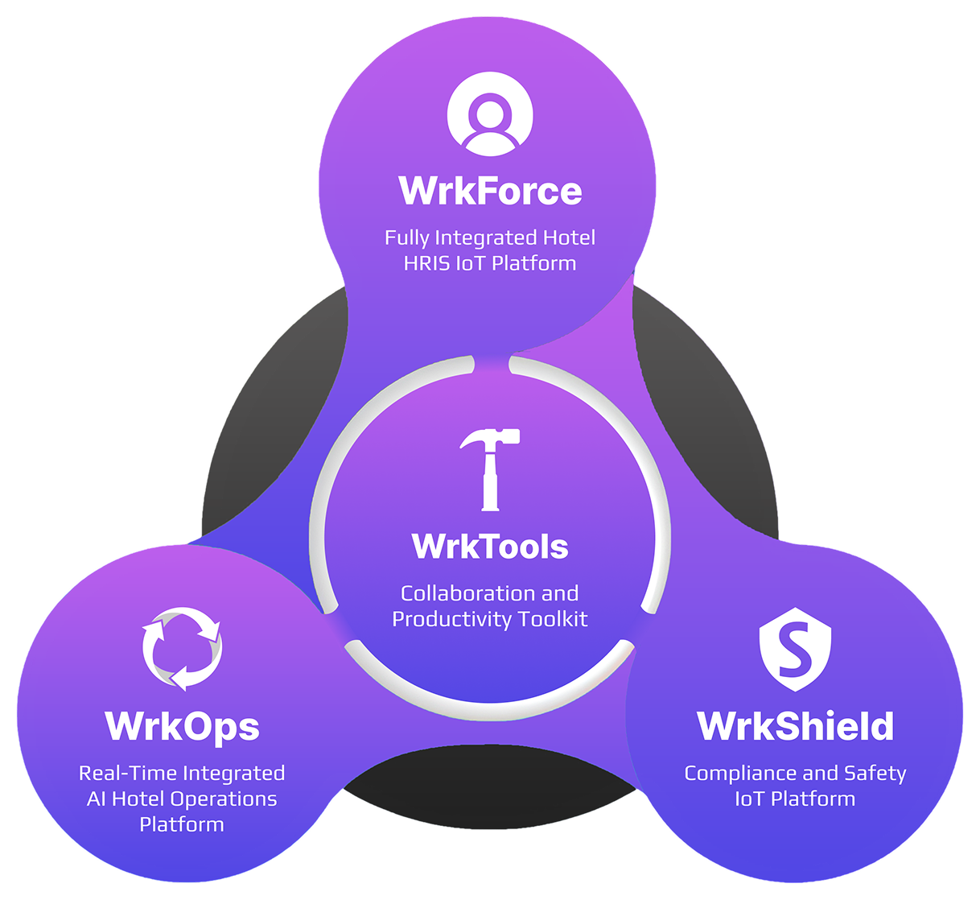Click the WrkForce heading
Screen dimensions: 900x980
(490, 191)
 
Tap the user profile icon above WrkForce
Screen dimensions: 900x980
(489, 114)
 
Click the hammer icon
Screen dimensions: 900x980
(489, 469)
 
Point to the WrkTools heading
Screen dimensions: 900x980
(490, 547)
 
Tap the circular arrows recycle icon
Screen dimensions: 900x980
(182, 649)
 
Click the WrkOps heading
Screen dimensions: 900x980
(182, 725)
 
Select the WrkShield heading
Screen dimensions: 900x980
(795, 725)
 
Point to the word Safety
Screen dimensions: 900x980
(875, 774)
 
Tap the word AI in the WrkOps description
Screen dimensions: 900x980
(96, 799)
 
